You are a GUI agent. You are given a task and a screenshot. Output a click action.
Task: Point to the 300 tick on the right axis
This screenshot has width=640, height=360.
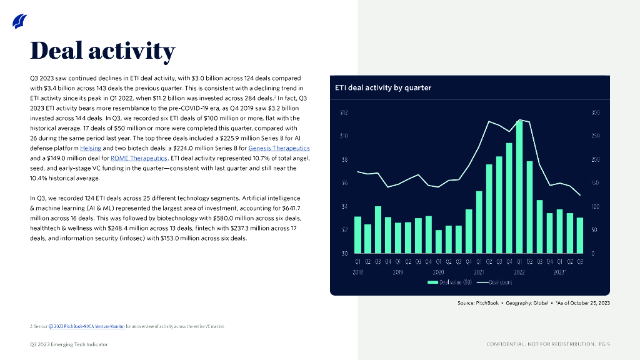tap(595, 113)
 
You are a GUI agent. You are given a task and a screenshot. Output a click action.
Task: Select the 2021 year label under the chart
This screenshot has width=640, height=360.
tap(479, 272)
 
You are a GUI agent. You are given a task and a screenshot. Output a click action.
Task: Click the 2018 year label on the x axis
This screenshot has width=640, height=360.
tap(358, 272)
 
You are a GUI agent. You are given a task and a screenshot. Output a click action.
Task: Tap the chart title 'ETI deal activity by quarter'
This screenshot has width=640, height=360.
tap(383, 88)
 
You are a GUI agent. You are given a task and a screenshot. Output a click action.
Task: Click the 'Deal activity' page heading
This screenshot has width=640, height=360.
tap(103, 51)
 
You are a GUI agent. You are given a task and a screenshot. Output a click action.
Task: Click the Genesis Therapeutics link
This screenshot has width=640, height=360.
tap(279, 148)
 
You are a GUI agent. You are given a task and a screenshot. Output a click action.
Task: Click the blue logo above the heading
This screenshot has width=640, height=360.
tap(19, 22)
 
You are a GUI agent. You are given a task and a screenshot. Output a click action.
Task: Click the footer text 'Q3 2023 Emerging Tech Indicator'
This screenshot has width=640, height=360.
tap(69, 344)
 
